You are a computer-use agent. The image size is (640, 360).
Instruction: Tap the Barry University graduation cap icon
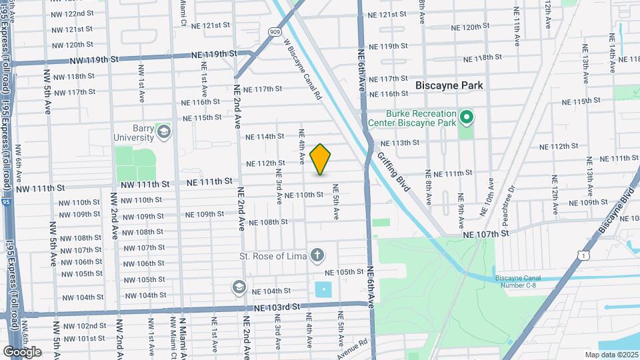click(163, 131)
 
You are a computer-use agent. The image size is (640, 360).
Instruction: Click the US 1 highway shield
click(583, 255)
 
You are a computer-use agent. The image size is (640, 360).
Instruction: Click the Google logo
click(22, 351)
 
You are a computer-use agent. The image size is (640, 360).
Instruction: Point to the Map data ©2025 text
click(611, 355)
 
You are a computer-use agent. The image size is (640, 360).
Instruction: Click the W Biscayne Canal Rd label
click(303, 69)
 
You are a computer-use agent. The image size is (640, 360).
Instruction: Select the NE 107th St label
click(487, 233)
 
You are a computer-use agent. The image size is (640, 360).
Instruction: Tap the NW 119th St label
click(93, 60)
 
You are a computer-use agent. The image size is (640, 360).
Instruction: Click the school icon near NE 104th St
click(238, 287)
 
